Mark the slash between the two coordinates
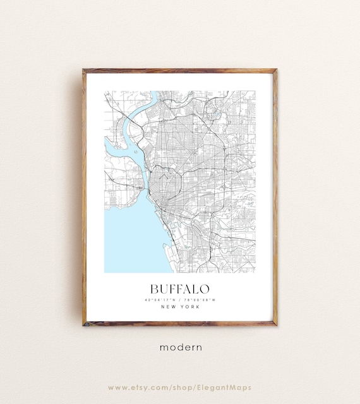[179, 299]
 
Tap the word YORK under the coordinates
[188, 307]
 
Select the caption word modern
[180, 347]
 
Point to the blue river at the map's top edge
[154, 96]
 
